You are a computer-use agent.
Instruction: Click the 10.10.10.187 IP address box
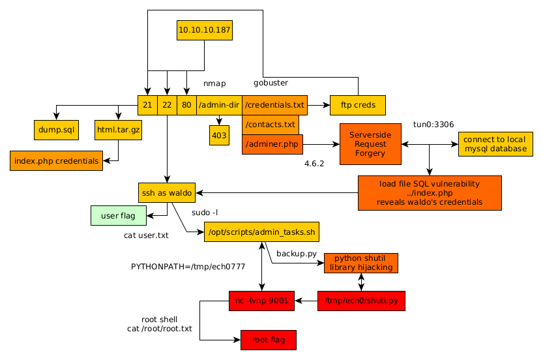point(205,30)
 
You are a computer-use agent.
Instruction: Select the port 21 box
point(147,105)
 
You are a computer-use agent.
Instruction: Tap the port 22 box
point(168,105)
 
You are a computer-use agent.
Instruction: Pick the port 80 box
point(186,105)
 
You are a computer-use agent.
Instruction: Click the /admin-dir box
point(219,105)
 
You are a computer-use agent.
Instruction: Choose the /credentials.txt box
point(274,105)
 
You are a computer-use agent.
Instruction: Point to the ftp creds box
point(357,105)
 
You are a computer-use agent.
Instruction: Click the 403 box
point(219,135)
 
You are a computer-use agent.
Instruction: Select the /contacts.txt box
point(270,124)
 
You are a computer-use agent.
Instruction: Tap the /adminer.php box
point(272,144)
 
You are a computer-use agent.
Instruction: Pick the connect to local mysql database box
point(495,144)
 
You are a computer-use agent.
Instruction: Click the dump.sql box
point(56,130)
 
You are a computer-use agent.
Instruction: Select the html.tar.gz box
point(118,130)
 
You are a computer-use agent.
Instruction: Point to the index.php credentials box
point(56,160)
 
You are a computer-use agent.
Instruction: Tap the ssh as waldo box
point(168,192)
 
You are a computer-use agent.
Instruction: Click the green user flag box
point(118,215)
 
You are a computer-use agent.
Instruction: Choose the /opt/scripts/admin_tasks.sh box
point(261,232)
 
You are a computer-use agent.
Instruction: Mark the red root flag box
point(268,340)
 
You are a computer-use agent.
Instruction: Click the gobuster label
point(271,83)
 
